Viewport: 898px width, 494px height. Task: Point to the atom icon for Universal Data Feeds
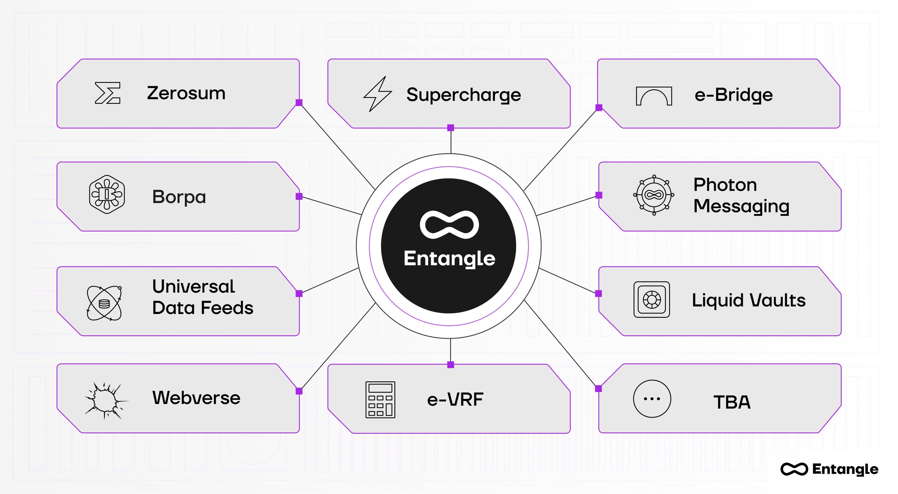click(104, 303)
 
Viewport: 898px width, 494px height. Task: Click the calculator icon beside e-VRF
click(380, 400)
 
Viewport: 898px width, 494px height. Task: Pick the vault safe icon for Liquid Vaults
click(651, 299)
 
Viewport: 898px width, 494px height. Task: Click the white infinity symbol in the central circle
click(449, 225)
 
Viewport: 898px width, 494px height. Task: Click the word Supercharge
click(464, 95)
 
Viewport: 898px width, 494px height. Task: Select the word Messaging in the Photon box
click(741, 206)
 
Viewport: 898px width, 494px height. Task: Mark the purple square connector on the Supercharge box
click(451, 128)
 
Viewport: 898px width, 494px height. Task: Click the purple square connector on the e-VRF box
click(451, 365)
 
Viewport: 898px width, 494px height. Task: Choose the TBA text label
click(732, 402)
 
